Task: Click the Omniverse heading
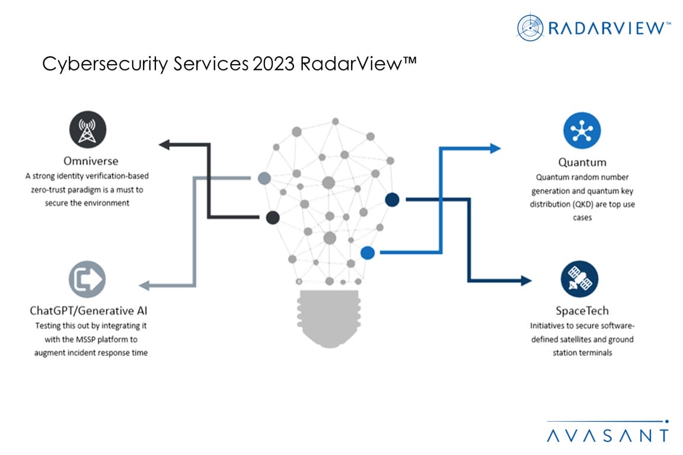[91, 161]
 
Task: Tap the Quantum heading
[582, 162]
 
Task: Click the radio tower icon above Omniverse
[88, 131]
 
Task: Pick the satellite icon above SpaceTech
[579, 279]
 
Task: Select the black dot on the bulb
[272, 217]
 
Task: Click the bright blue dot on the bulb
[368, 253]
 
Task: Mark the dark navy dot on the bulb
[392, 200]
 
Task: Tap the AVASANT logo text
[607, 435]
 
